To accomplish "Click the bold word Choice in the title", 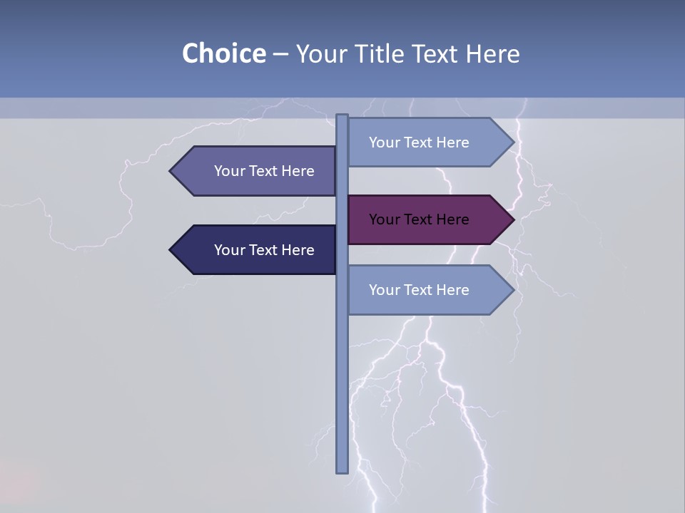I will [x=223, y=53].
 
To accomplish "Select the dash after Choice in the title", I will [x=280, y=54].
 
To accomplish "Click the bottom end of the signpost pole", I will [x=342, y=470].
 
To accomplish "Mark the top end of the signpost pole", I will [x=342, y=117].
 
